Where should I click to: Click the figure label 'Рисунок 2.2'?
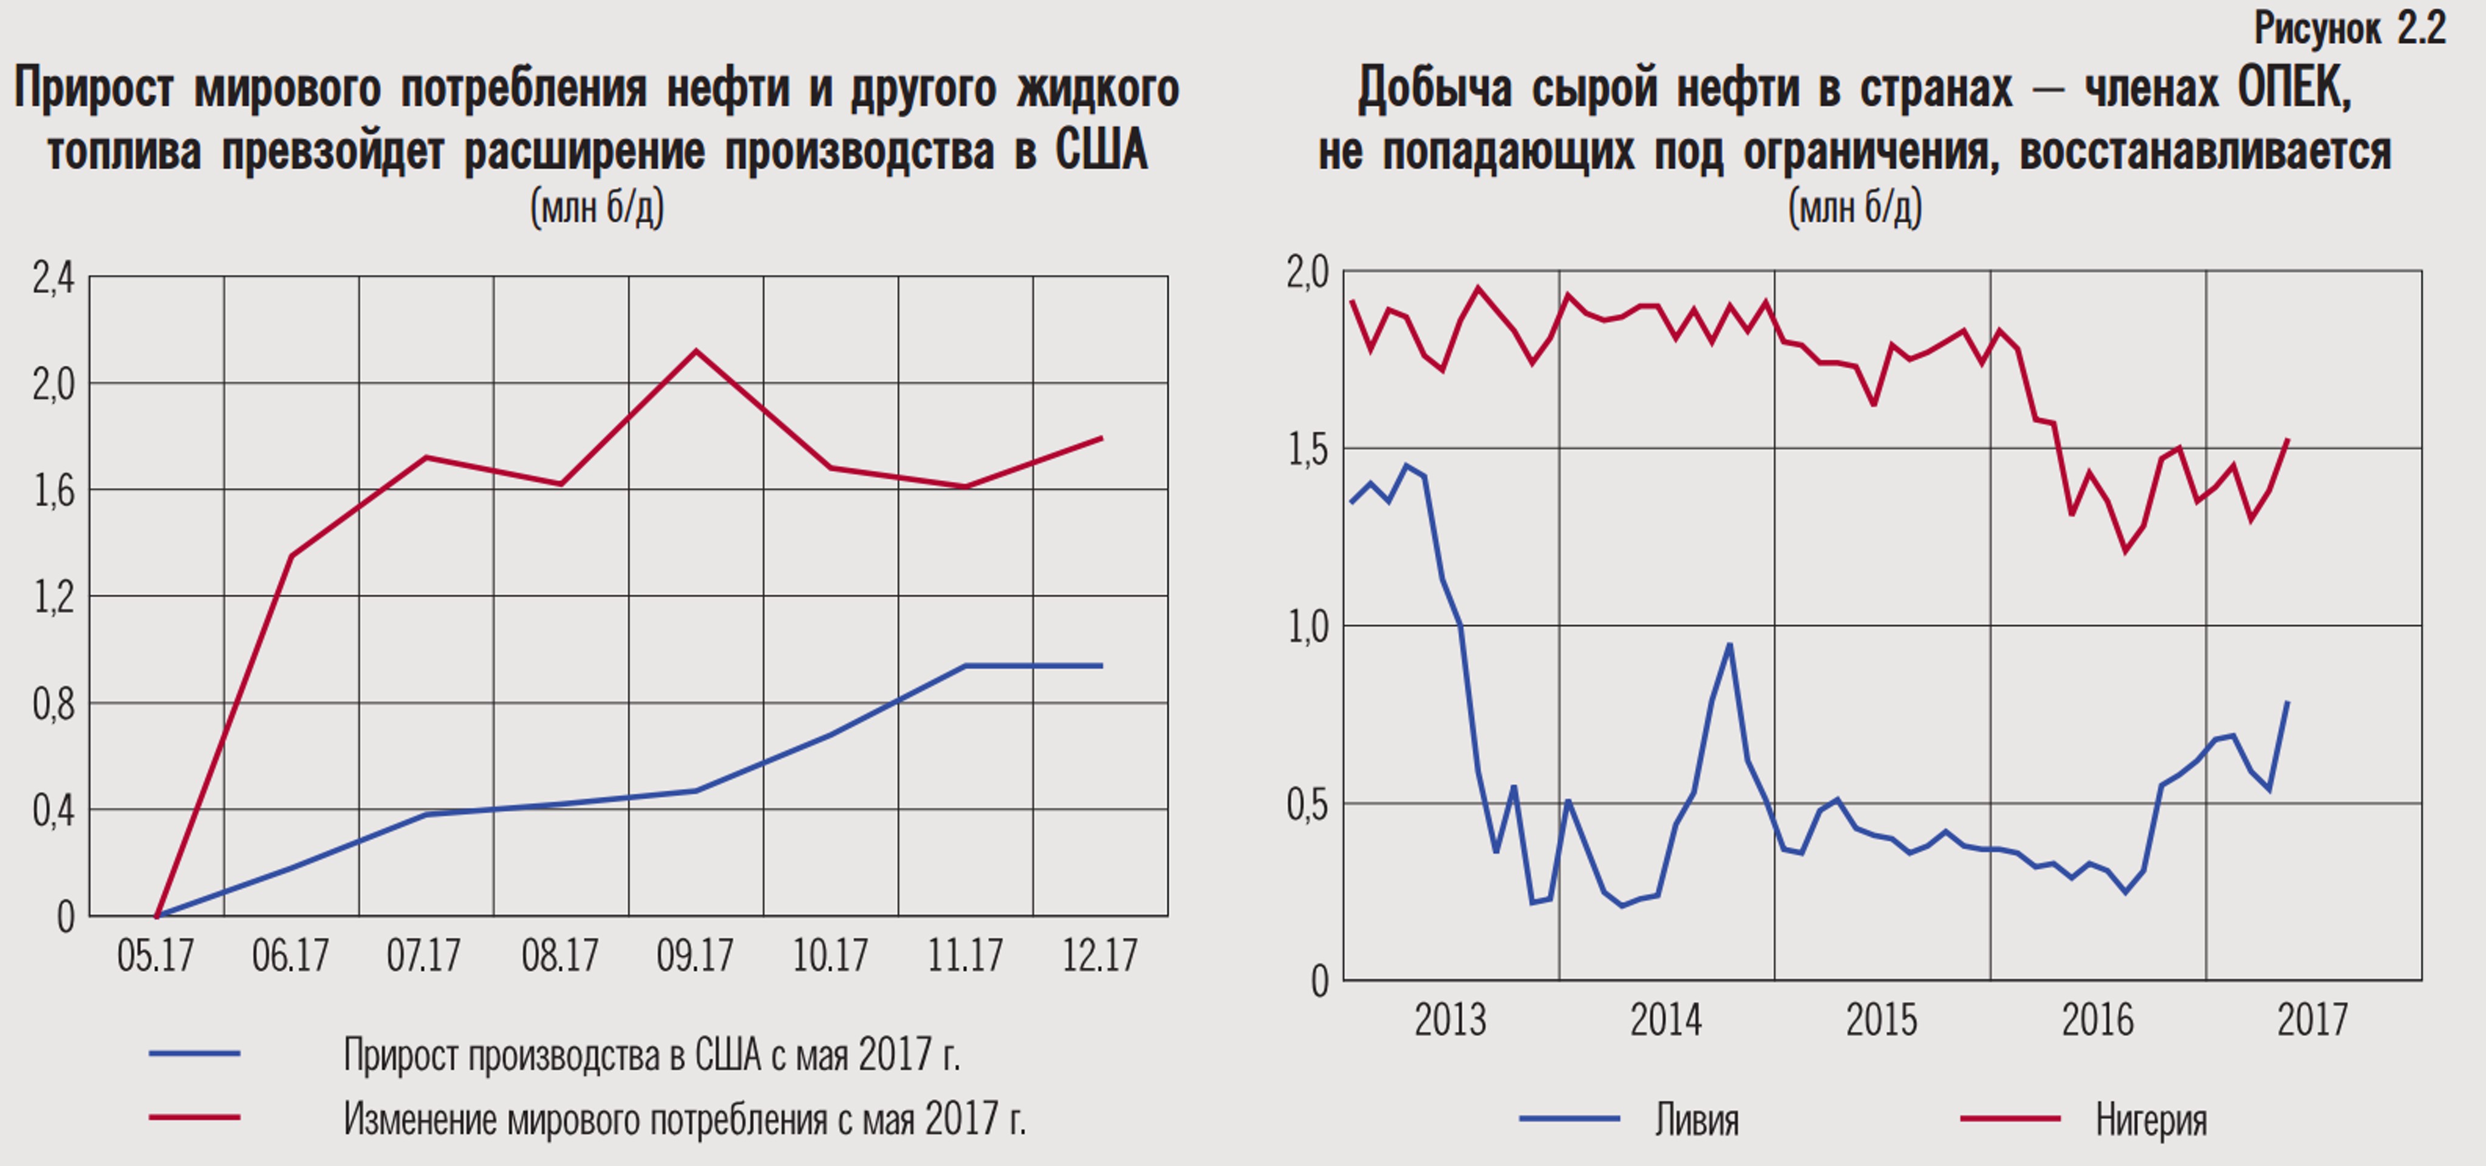(2350, 29)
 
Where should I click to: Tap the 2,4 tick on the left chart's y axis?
(53, 278)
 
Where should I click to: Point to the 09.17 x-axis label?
(695, 956)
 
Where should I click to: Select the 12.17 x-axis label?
(1100, 956)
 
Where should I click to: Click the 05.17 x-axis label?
(155, 956)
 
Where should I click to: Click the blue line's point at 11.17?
(965, 666)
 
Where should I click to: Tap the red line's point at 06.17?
(292, 556)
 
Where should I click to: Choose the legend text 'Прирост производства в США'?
(652, 1055)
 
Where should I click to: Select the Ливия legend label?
(1696, 1120)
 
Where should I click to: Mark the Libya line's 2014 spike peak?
(1729, 645)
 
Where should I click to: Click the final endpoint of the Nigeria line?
(2288, 440)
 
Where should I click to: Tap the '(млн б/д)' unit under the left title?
(598, 206)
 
